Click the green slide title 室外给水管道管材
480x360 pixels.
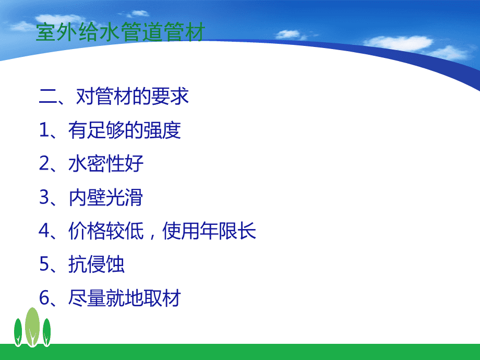coord(121,32)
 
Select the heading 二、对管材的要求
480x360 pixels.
coord(114,96)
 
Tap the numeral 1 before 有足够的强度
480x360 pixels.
coord(44,130)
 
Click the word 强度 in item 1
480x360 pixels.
coord(162,130)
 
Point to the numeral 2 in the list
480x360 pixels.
coord(44,163)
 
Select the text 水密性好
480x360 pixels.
coord(106,163)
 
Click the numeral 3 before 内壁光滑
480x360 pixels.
coord(44,197)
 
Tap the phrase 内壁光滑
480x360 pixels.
coord(106,197)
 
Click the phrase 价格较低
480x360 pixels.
coord(106,231)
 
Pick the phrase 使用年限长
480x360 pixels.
coord(209,231)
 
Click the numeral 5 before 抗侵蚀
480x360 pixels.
coord(44,264)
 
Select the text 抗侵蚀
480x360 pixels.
coord(97,264)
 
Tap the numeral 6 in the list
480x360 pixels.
coord(44,297)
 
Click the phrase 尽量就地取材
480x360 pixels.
coord(125,298)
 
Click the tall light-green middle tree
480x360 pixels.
coord(32,327)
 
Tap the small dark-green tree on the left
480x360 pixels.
coord(18,332)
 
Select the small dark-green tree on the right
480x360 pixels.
coord(46,332)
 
